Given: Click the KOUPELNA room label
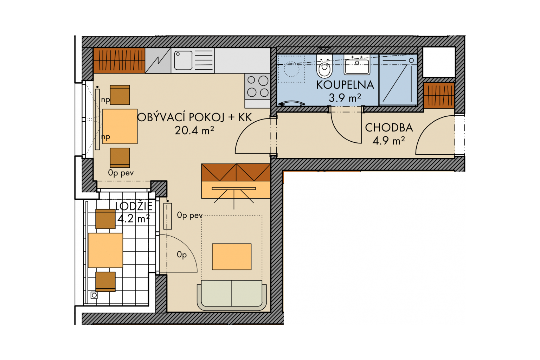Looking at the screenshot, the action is coord(345,85).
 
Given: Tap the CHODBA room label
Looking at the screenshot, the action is coord(389,128).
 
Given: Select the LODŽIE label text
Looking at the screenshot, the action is coord(134,206).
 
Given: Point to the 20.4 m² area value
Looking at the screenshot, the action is coord(194,130).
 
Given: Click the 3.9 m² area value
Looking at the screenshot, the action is coord(345,98).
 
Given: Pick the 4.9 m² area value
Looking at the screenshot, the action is coord(388,141).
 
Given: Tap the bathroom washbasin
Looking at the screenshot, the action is coord(357,65).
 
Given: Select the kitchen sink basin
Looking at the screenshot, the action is coord(183,60).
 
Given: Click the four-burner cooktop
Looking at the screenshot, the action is coord(257,86).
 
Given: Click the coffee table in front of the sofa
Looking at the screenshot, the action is coord(232,257).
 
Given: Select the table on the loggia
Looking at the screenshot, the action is coord(105,250).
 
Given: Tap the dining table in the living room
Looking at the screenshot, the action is coord(120,126).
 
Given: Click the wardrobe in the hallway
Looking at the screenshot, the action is coord(439,96).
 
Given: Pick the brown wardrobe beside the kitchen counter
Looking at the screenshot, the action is coord(119,60).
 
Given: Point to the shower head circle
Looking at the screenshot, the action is coord(412,60).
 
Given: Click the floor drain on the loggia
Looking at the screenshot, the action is coord(94,295).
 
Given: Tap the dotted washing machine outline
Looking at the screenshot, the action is coord(291,69).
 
